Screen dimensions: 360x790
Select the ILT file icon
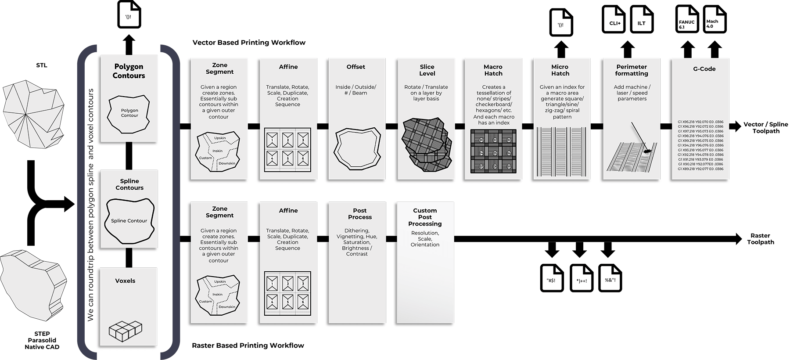coord(642,20)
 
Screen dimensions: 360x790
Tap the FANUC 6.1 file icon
coord(687,20)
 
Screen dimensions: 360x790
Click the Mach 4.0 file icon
coord(715,20)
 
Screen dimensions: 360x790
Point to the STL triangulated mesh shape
coord(33,112)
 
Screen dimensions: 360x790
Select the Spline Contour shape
coord(129,221)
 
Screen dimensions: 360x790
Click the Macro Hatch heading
coord(493,70)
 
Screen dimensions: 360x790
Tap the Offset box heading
coord(355,67)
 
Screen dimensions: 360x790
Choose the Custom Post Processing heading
coord(425,217)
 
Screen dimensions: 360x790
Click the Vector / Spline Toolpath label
coord(765,127)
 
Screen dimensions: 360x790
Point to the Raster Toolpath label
coord(761,239)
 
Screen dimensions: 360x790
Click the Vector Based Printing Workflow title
coord(249,43)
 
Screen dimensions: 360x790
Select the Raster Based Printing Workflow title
coord(248,346)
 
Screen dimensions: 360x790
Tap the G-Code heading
coord(704,69)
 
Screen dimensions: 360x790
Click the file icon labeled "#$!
coord(552,278)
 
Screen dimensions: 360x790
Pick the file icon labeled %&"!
coord(610,278)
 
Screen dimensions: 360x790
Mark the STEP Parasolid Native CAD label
coord(42,340)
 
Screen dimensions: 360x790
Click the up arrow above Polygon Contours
coord(129,44)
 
